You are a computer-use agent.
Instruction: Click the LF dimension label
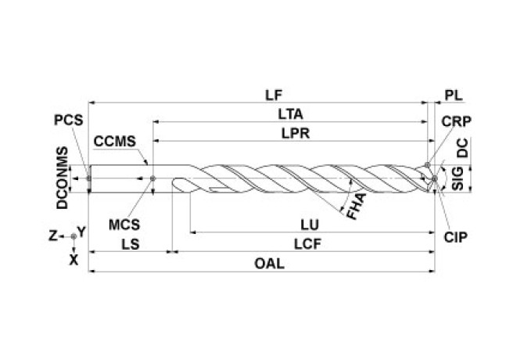click(x=273, y=95)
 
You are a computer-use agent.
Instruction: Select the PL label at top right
click(x=454, y=95)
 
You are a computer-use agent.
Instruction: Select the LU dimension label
click(x=311, y=225)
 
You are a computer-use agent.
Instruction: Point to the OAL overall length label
click(x=269, y=264)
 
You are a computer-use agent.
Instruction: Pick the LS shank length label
click(x=131, y=244)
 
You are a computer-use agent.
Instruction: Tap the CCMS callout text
click(x=115, y=142)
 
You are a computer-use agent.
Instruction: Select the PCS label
click(x=68, y=122)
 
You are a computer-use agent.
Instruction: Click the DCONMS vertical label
click(x=61, y=178)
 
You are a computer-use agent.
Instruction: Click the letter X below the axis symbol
click(x=74, y=257)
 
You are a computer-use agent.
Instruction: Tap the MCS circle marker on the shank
click(x=153, y=179)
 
